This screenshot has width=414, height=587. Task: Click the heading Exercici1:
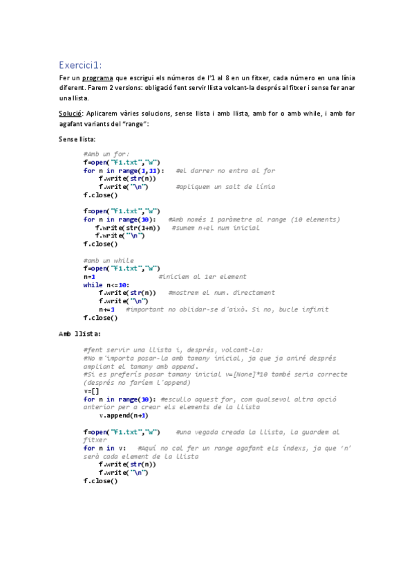(x=80, y=64)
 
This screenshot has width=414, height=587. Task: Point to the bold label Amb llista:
(x=80, y=334)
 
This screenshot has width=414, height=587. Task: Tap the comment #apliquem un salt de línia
(x=225, y=187)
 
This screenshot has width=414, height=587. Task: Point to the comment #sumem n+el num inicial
(x=216, y=227)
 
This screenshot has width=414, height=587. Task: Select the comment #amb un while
(x=109, y=260)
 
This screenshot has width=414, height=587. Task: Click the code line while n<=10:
(x=106, y=285)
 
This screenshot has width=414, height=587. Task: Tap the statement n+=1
(x=106, y=309)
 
